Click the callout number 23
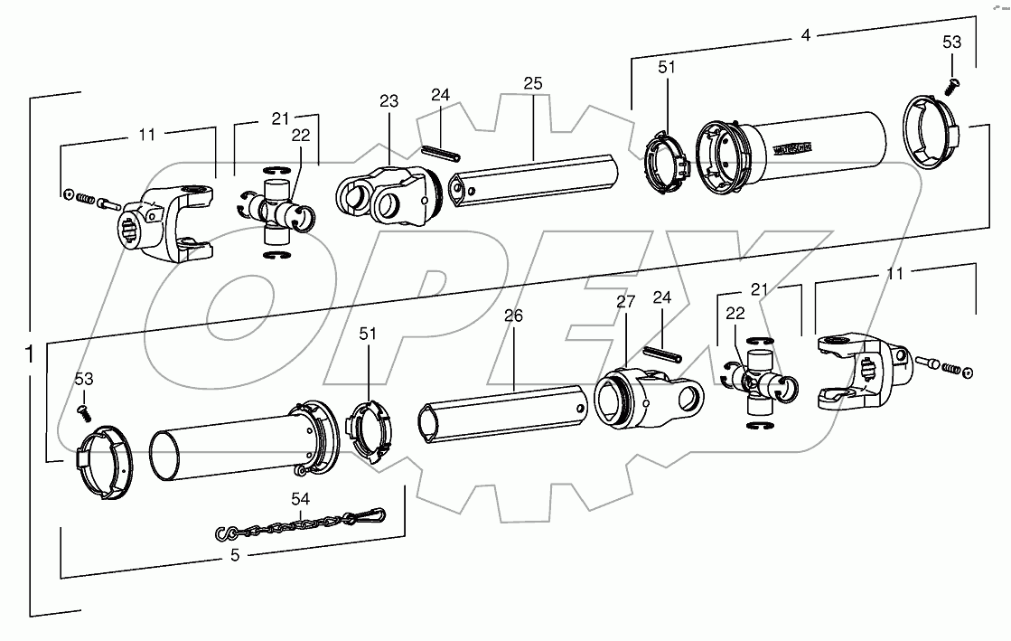pyautogui.click(x=388, y=102)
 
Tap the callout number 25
pyautogui.click(x=532, y=83)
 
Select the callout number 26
pyautogui.click(x=513, y=316)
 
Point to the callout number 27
pyautogui.click(x=626, y=303)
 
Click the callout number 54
pyautogui.click(x=300, y=498)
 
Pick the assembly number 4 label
pyautogui.click(x=805, y=37)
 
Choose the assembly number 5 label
pyautogui.click(x=235, y=556)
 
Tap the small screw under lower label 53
pyautogui.click(x=83, y=412)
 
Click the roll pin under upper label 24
pyautogui.click(x=439, y=152)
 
